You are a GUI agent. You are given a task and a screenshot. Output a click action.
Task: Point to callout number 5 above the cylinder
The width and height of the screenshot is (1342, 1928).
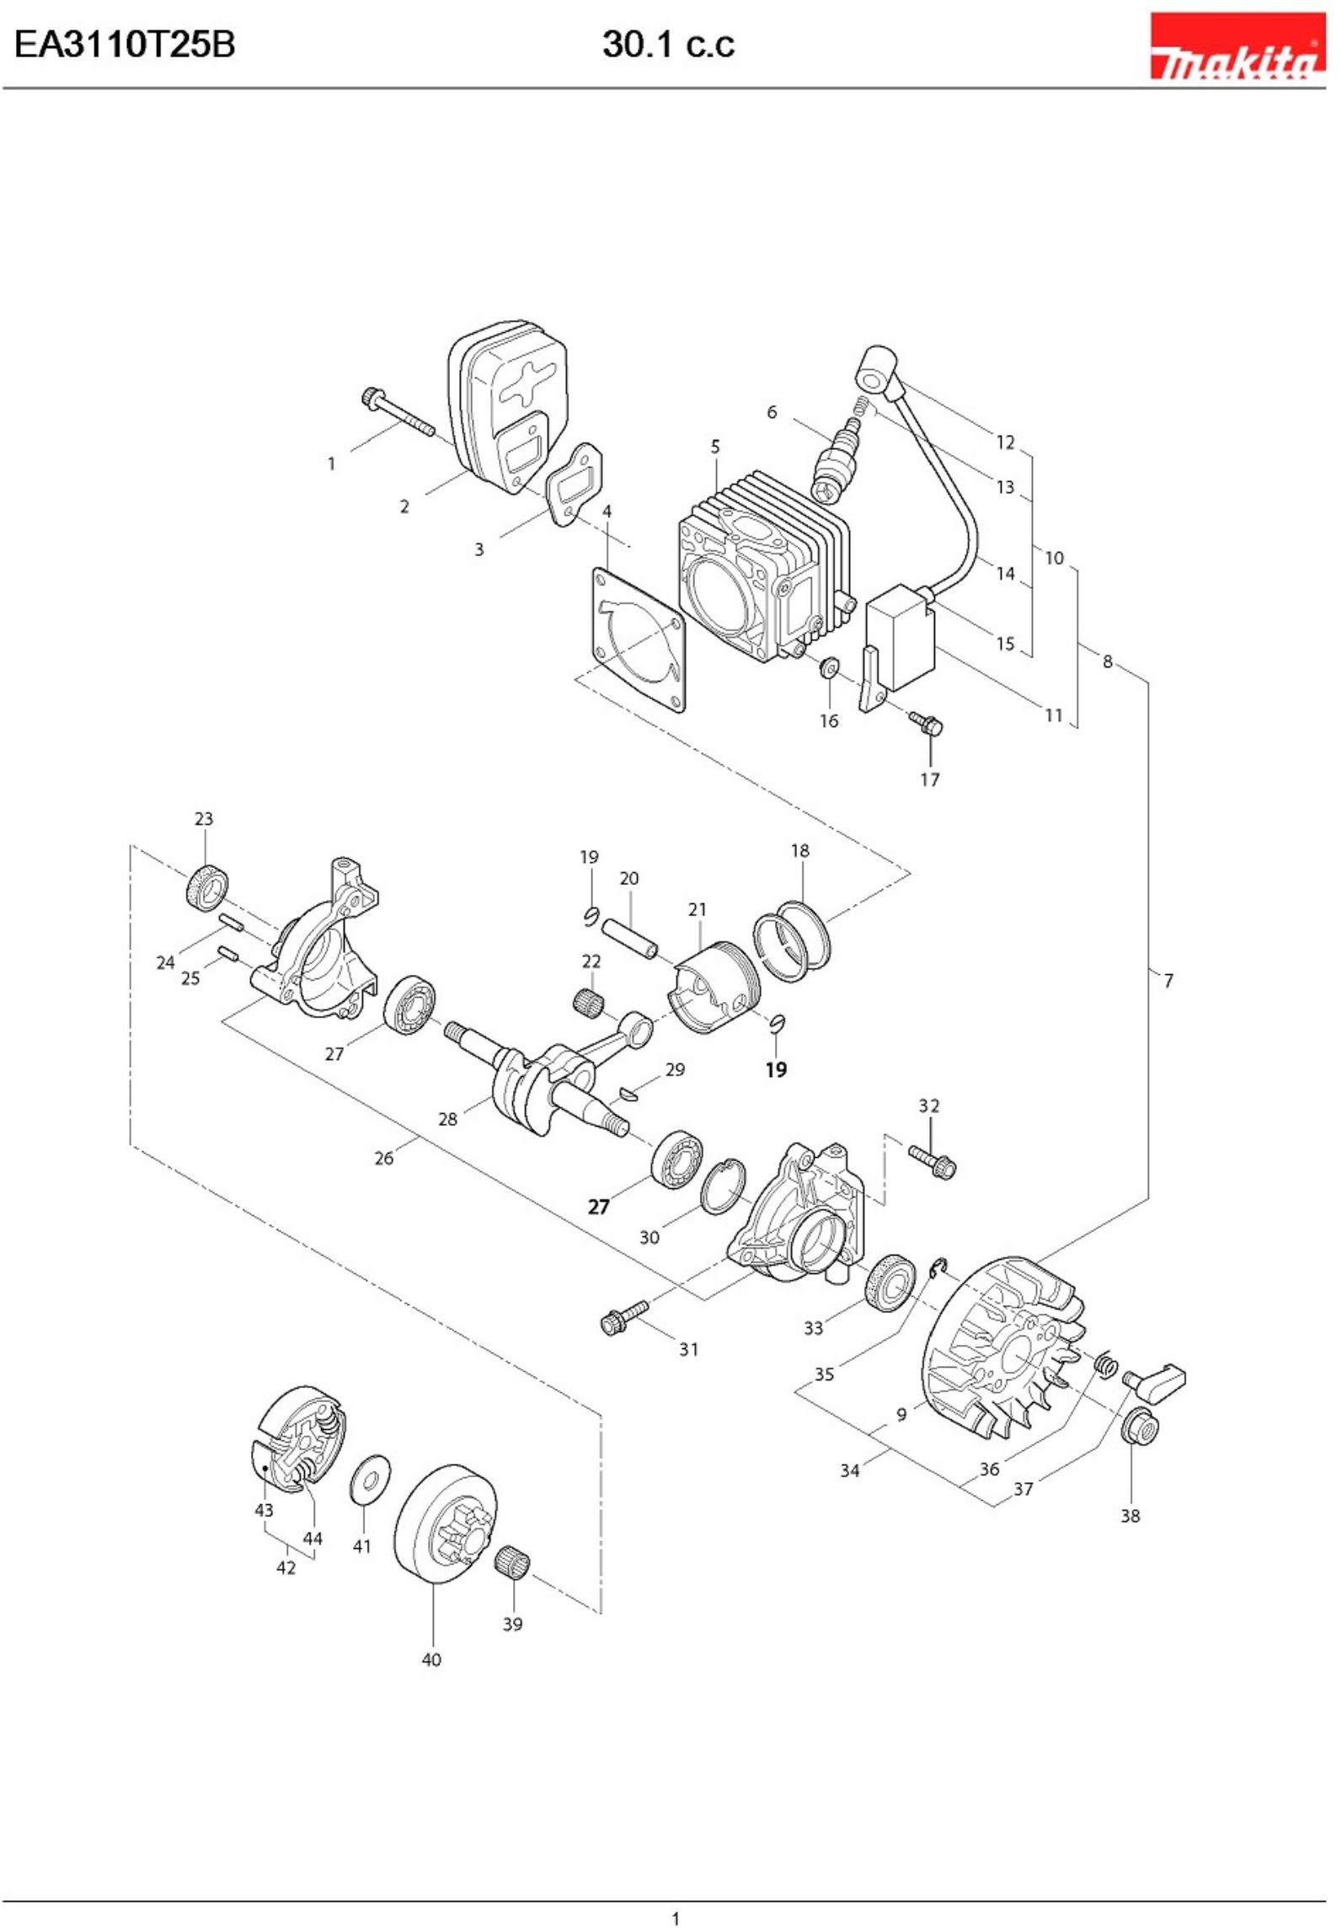715,447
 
